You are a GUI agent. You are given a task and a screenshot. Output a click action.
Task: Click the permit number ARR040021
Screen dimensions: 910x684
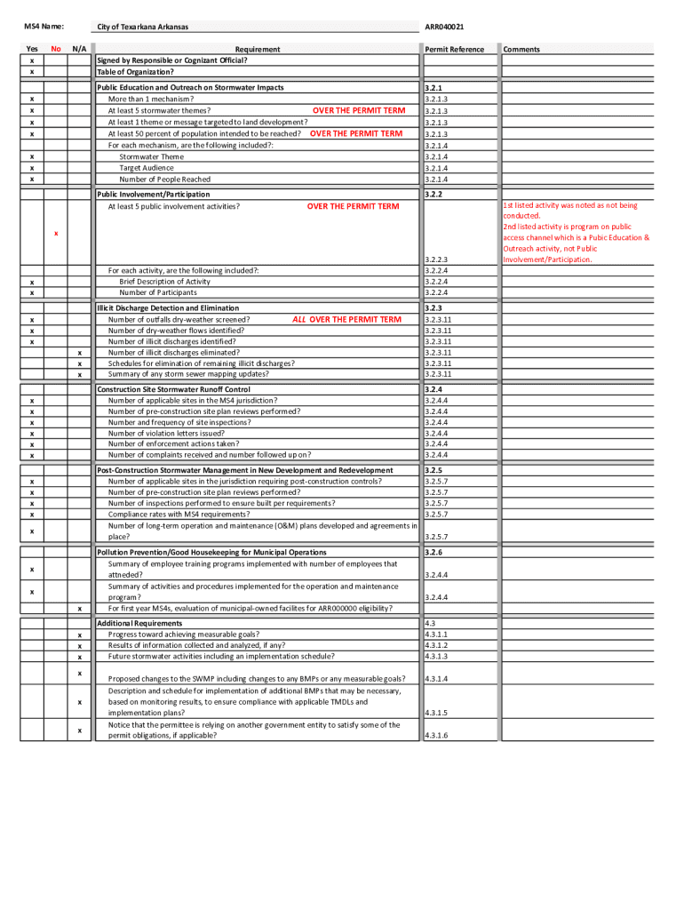[444, 27]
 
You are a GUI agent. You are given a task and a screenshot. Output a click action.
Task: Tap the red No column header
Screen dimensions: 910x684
[56, 49]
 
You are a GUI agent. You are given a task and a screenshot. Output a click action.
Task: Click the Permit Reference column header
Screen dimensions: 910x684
[454, 49]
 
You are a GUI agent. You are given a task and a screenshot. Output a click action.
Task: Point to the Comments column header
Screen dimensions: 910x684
[521, 49]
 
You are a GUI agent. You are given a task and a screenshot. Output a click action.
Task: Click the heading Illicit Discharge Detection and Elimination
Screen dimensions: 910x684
[168, 307]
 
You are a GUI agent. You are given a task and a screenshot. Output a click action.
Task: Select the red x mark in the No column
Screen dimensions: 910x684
[56, 234]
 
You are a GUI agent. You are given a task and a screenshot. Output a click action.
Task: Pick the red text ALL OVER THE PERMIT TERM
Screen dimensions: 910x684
[346, 319]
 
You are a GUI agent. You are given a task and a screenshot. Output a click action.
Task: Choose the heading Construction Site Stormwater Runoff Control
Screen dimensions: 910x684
[173, 389]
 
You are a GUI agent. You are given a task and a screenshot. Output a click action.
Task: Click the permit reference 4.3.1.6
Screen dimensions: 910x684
[436, 736]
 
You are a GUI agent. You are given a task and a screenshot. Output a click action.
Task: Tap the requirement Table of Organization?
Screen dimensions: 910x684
[135, 71]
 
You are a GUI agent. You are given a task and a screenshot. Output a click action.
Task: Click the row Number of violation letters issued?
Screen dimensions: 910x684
[166, 434]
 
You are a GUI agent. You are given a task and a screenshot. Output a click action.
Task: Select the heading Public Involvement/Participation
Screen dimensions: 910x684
[154, 194]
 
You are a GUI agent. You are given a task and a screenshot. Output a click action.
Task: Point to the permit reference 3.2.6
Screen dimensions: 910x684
[433, 552]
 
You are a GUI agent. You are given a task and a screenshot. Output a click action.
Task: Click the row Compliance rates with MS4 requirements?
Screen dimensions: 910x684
[179, 515]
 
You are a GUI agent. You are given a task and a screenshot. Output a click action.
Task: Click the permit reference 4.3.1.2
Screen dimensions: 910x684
[436, 645]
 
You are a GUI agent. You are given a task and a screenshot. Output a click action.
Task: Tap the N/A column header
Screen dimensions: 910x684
[79, 49]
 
